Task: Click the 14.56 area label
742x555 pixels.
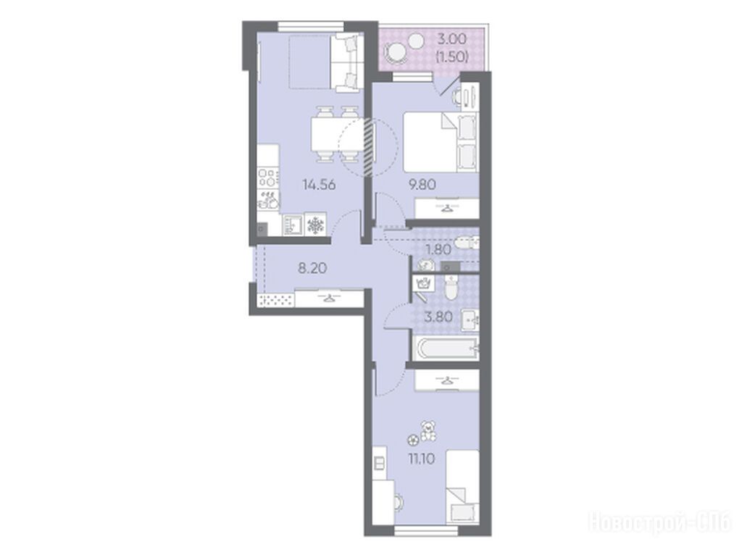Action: point(319,185)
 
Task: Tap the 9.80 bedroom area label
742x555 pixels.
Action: point(422,185)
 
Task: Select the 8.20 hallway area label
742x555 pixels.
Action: point(312,268)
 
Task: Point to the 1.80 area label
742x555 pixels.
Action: point(438,249)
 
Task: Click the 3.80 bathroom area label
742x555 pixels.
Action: point(438,317)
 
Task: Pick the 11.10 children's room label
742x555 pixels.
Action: point(421,458)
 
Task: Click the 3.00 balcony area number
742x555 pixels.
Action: point(451,38)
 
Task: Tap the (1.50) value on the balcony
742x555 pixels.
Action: point(452,57)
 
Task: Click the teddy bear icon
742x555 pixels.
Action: point(429,430)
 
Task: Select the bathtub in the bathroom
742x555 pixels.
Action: point(444,349)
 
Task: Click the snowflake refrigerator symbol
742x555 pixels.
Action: point(315,225)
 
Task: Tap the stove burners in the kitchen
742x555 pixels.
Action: point(268,177)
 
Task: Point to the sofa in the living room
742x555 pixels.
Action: point(347,63)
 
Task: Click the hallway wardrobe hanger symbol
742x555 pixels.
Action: point(330,298)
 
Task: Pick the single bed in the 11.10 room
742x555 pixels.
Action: point(462,486)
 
